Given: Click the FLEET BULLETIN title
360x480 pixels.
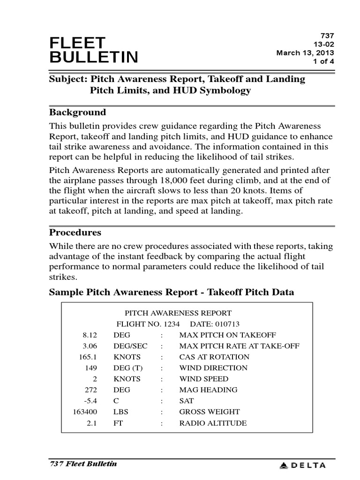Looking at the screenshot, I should (x=94, y=50).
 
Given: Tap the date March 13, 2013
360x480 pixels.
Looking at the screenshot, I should (x=305, y=52).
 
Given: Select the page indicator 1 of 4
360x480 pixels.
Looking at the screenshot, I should (x=323, y=61).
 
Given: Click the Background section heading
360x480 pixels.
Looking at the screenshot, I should (x=77, y=112).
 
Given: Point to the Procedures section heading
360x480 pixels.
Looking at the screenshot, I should (x=75, y=232).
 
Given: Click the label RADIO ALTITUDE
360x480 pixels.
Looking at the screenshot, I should (x=213, y=423).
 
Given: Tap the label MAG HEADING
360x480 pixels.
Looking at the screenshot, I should (x=208, y=390).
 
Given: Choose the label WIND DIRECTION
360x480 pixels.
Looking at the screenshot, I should (x=213, y=368).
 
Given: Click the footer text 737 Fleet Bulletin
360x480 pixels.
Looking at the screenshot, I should (x=83, y=464).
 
